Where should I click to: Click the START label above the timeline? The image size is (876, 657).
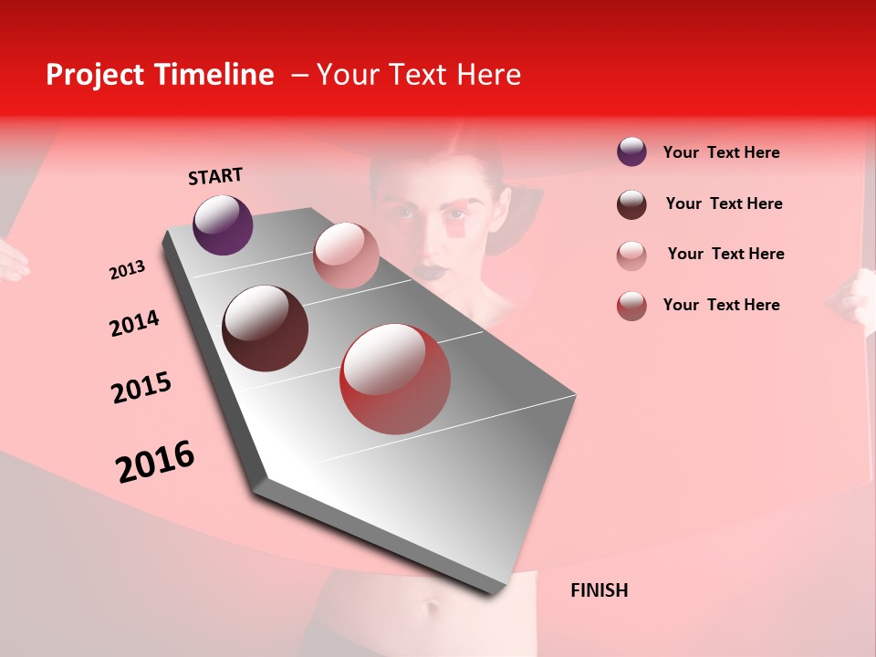point(215,176)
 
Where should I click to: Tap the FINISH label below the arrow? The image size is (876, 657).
point(599,590)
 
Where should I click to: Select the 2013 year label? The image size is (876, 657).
point(127,270)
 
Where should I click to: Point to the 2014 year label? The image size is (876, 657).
point(134,323)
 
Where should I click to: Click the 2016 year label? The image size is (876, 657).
point(155,462)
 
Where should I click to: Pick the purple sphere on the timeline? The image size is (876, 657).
point(223,224)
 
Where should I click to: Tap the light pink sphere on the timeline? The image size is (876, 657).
point(346,255)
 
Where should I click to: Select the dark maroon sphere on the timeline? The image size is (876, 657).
point(265,328)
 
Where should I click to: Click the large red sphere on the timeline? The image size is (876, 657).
point(395,379)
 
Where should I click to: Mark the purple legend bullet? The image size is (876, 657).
point(631,152)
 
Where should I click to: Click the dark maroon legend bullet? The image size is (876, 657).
point(631,204)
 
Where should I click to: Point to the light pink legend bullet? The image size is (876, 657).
point(631,255)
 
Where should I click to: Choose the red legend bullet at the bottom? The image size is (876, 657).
point(631,306)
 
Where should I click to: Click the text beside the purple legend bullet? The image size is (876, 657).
point(721,152)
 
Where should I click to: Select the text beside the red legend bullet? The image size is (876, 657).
point(721,305)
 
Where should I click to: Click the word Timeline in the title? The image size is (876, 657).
point(214,75)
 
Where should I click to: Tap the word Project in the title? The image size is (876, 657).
point(95,75)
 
